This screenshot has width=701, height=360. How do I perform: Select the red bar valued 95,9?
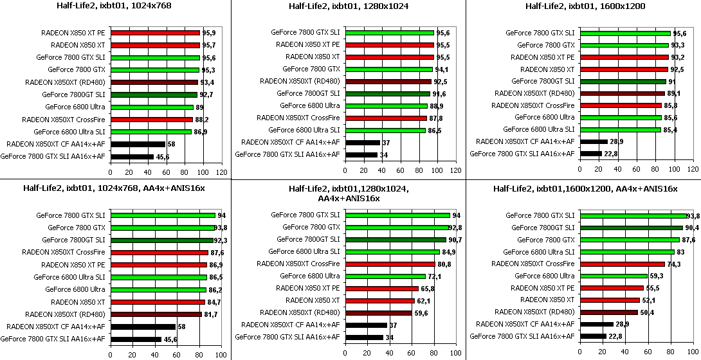pos(154,33)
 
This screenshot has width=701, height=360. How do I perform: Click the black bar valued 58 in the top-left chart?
pos(138,144)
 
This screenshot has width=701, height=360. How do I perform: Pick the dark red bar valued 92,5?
pos(388,82)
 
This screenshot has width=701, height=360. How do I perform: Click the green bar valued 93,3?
pos(624,45)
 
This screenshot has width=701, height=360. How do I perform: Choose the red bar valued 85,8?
pos(620,105)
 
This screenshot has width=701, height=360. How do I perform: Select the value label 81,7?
pos(211,314)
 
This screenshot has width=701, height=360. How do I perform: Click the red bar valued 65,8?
pos(381,289)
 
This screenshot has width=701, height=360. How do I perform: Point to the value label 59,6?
pos(422,314)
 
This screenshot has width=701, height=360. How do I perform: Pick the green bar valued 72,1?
pos(385,276)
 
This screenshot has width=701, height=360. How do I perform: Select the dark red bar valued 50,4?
pos(608,312)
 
